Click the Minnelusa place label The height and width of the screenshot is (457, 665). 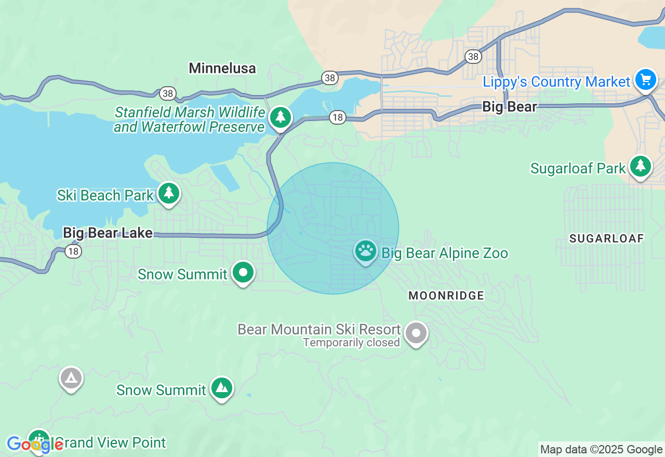coord(222,68)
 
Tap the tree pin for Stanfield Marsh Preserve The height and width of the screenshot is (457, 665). coord(281,117)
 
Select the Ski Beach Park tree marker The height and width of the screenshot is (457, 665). coord(168,193)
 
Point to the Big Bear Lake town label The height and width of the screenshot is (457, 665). coord(108,233)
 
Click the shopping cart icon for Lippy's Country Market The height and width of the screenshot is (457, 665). coord(646,80)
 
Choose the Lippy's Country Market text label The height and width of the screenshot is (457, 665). coord(556,82)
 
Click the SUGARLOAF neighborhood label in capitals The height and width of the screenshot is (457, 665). coord(606,238)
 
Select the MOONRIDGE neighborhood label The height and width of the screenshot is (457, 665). coord(446,295)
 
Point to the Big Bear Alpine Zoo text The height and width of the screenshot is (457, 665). coord(445,253)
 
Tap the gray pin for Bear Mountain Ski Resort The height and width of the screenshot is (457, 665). coord(416,333)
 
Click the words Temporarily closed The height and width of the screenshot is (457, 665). coord(351,343)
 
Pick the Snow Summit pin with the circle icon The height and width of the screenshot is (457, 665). coord(243,272)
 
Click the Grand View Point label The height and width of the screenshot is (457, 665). coord(110,442)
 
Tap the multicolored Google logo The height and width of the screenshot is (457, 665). coord(35,444)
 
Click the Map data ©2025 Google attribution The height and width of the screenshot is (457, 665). coord(601,450)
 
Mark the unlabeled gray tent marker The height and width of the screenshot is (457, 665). coord(71,379)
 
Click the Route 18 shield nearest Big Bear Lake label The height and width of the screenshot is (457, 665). coord(74,251)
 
